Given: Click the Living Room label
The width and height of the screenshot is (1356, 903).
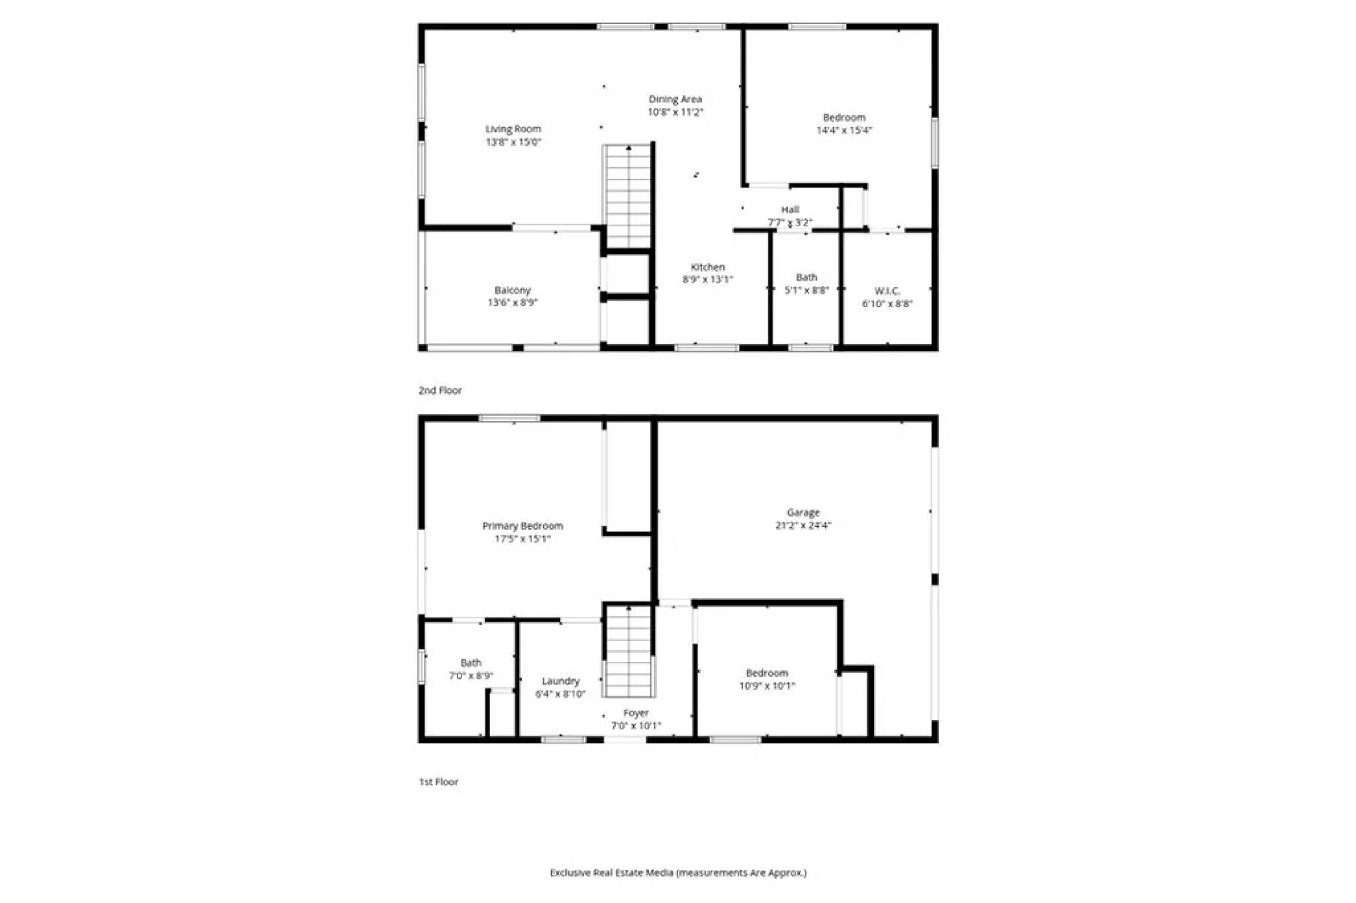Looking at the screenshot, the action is (x=513, y=129).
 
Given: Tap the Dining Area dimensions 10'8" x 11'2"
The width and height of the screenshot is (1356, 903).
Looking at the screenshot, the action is (x=675, y=112).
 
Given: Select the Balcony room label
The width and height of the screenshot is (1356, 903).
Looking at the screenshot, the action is (x=513, y=290).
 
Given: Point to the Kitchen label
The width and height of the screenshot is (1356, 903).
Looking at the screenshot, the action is (x=708, y=267).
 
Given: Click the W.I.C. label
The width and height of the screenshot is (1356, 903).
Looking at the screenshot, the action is (x=887, y=292).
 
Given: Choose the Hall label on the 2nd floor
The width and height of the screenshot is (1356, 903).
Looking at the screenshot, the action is (x=790, y=210).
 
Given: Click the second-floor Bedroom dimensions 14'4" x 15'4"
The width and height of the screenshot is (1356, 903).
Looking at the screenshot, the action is (x=844, y=131).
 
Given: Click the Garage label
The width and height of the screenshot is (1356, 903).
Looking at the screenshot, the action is (x=803, y=513).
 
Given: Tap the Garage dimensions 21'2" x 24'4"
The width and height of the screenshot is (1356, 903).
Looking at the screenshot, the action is (x=803, y=525).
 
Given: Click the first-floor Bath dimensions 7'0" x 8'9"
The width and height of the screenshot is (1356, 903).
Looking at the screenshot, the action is (x=471, y=676).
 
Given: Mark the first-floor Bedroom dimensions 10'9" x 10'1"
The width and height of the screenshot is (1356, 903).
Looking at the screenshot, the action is (x=767, y=686).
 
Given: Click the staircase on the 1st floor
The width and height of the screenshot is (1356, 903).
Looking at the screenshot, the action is (x=629, y=651).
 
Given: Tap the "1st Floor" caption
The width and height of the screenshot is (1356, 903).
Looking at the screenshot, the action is (x=439, y=782).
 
